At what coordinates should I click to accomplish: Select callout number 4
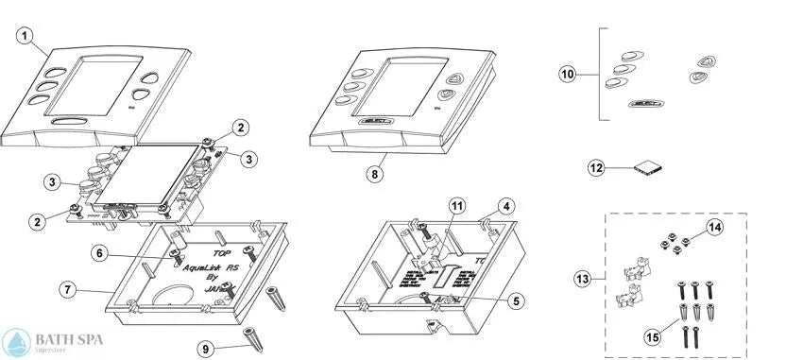click(x=507, y=204)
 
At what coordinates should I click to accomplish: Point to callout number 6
click(x=101, y=252)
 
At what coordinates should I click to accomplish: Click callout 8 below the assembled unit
click(x=376, y=174)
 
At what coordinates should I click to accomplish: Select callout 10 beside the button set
click(x=566, y=74)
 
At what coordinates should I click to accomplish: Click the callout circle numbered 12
click(x=596, y=167)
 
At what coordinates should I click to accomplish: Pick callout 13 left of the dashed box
click(x=583, y=278)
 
